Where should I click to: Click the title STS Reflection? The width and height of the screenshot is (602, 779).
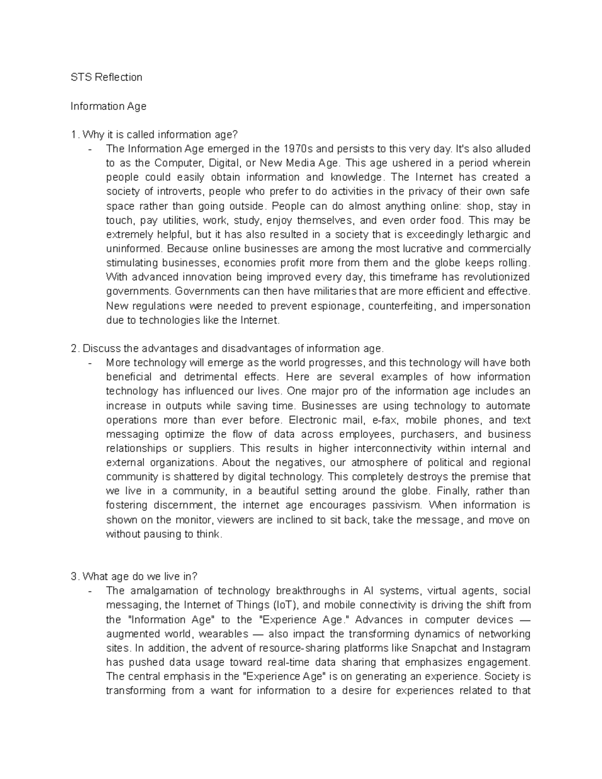106,77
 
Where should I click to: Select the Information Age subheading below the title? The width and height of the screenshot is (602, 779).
108,106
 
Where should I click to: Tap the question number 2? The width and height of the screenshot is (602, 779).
74,349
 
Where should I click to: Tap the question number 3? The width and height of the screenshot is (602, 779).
74,576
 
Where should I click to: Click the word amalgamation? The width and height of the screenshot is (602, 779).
166,591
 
